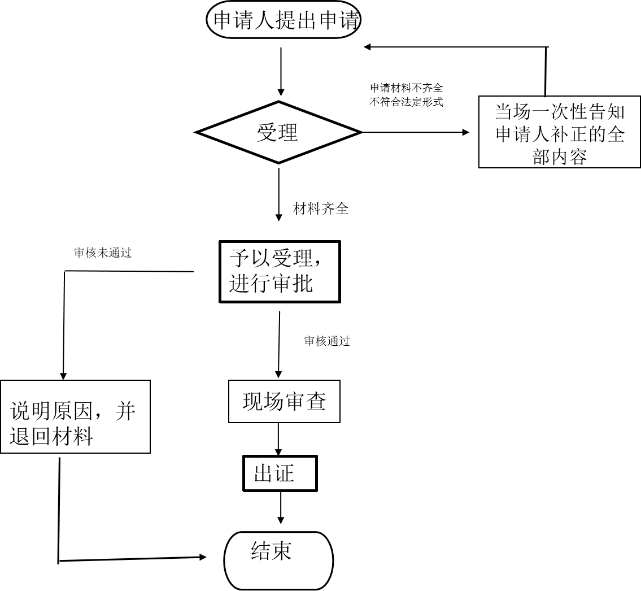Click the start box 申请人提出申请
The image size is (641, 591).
click(x=284, y=21)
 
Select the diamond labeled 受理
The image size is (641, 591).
click(x=278, y=133)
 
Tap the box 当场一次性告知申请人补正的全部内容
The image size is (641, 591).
click(x=560, y=132)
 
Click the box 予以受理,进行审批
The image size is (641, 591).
click(x=280, y=272)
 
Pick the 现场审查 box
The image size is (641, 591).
click(x=284, y=401)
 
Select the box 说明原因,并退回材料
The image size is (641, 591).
click(x=75, y=416)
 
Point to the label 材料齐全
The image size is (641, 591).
click(x=321, y=209)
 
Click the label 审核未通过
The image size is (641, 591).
click(x=103, y=253)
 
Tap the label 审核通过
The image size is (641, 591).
click(x=327, y=341)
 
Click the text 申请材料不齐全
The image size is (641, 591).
click(x=407, y=88)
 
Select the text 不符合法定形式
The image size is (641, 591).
click(x=407, y=102)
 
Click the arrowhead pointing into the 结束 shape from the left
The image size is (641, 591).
click(x=202, y=557)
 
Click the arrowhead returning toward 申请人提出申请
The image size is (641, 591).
click(x=367, y=47)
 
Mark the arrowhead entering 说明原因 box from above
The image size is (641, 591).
click(x=63, y=375)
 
